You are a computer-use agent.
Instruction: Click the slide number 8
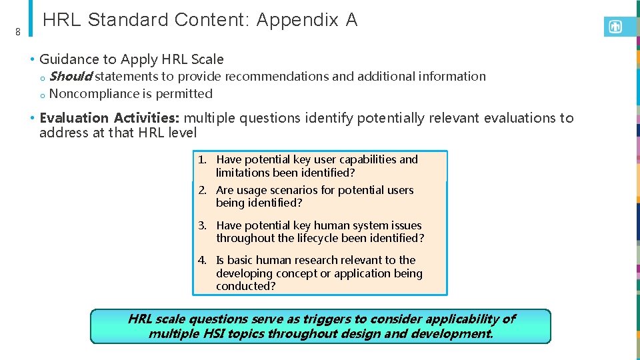(18, 31)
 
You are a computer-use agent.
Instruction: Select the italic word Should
(70, 77)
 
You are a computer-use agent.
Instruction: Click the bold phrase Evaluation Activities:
(109, 118)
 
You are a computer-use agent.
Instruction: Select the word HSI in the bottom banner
(212, 333)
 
